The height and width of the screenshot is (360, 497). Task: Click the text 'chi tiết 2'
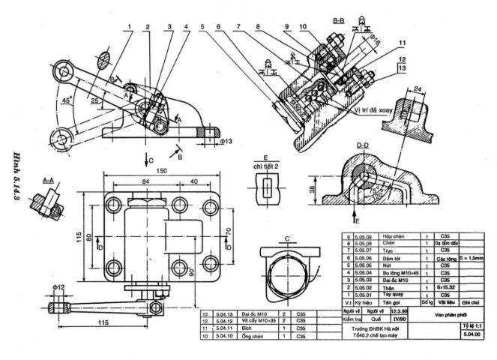pyautogui.click(x=265, y=165)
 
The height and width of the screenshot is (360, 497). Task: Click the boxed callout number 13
pyautogui.click(x=402, y=68)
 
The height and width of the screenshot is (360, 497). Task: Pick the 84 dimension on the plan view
pyautogui.click(x=141, y=181)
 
